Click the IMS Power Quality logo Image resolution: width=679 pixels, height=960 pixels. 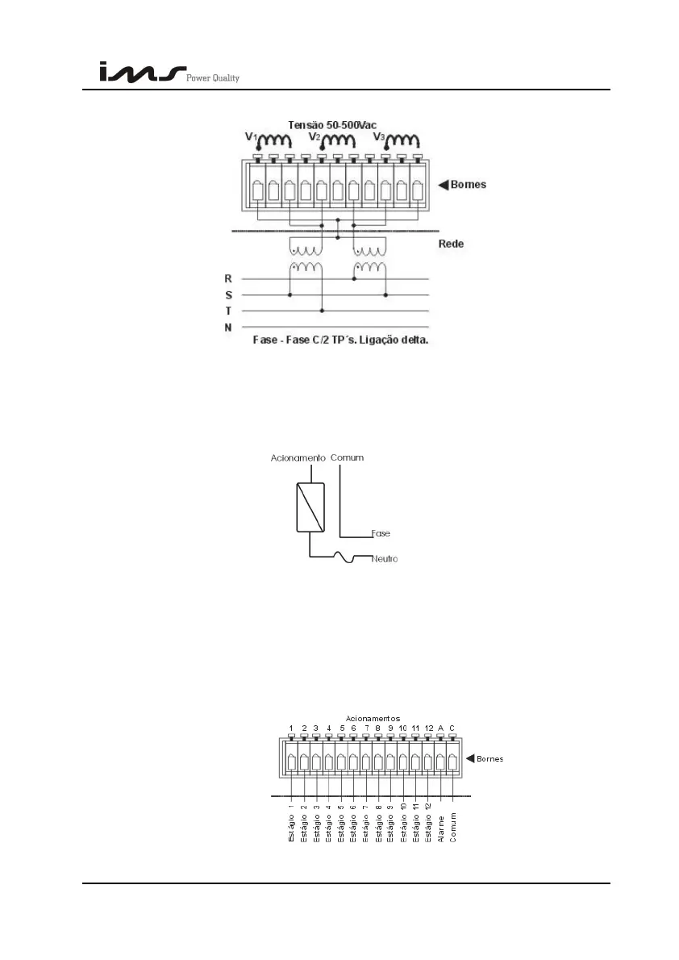[x=169, y=73]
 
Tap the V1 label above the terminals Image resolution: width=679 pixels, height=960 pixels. [x=252, y=137]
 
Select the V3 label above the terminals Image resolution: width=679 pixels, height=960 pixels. [x=379, y=137]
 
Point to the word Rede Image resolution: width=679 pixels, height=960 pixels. [x=451, y=244]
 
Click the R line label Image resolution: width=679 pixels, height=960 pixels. [x=228, y=278]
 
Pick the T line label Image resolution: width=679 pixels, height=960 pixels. [x=228, y=311]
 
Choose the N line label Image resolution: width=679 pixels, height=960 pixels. [x=228, y=328]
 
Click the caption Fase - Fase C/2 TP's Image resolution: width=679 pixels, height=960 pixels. [x=339, y=341]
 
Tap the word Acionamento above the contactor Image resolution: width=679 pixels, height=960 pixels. [x=297, y=457]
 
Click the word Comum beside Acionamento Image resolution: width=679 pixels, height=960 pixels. [x=348, y=457]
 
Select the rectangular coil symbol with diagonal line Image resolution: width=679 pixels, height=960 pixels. [x=310, y=507]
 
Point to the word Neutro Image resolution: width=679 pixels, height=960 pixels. [x=385, y=558]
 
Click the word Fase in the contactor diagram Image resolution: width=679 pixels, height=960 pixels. [x=381, y=533]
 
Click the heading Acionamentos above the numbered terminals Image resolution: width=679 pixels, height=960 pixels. [x=373, y=718]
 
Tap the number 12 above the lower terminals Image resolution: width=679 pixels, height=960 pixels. [x=428, y=728]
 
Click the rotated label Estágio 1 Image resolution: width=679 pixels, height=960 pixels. [x=291, y=823]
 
